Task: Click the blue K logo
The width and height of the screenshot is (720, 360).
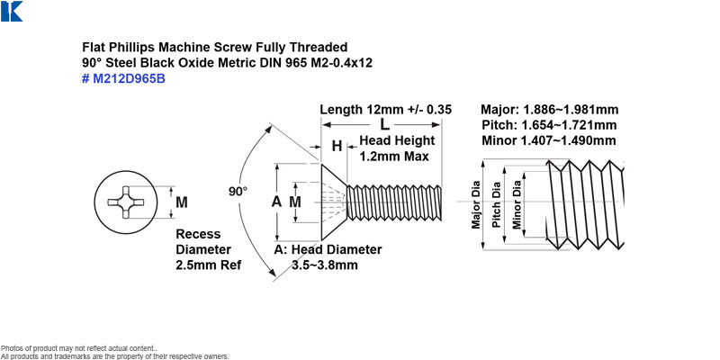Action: pos(12,11)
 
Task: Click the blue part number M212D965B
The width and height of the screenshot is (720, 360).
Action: pos(123,79)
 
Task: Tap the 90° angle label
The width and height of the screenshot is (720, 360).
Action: pos(238,192)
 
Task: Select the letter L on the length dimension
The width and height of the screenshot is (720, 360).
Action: pos(385,124)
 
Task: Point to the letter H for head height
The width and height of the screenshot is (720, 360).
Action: pos(337,147)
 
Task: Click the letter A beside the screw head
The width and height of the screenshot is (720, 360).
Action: pos(276,201)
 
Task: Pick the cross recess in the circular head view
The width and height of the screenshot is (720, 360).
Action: pos(126,202)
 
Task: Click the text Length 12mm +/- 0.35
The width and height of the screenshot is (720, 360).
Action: pos(386,110)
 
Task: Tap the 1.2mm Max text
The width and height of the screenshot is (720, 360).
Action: pos(394,156)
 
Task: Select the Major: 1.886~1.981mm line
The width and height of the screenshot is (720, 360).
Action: pos(550,110)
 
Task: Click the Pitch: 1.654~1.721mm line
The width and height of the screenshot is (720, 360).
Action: pos(550,125)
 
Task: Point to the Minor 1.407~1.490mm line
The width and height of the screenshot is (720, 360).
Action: pos(549,140)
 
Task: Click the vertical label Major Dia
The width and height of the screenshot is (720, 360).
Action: pos(476,205)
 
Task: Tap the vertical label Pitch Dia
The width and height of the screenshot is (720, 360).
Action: pos(496,205)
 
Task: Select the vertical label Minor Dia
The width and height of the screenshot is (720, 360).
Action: pos(517,205)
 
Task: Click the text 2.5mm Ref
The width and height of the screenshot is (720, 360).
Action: pos(209,265)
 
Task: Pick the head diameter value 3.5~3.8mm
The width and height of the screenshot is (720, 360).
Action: pos(325,265)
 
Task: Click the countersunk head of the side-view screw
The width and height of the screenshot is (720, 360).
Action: pos(333,202)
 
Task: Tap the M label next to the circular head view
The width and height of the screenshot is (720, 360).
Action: pos(182,202)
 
